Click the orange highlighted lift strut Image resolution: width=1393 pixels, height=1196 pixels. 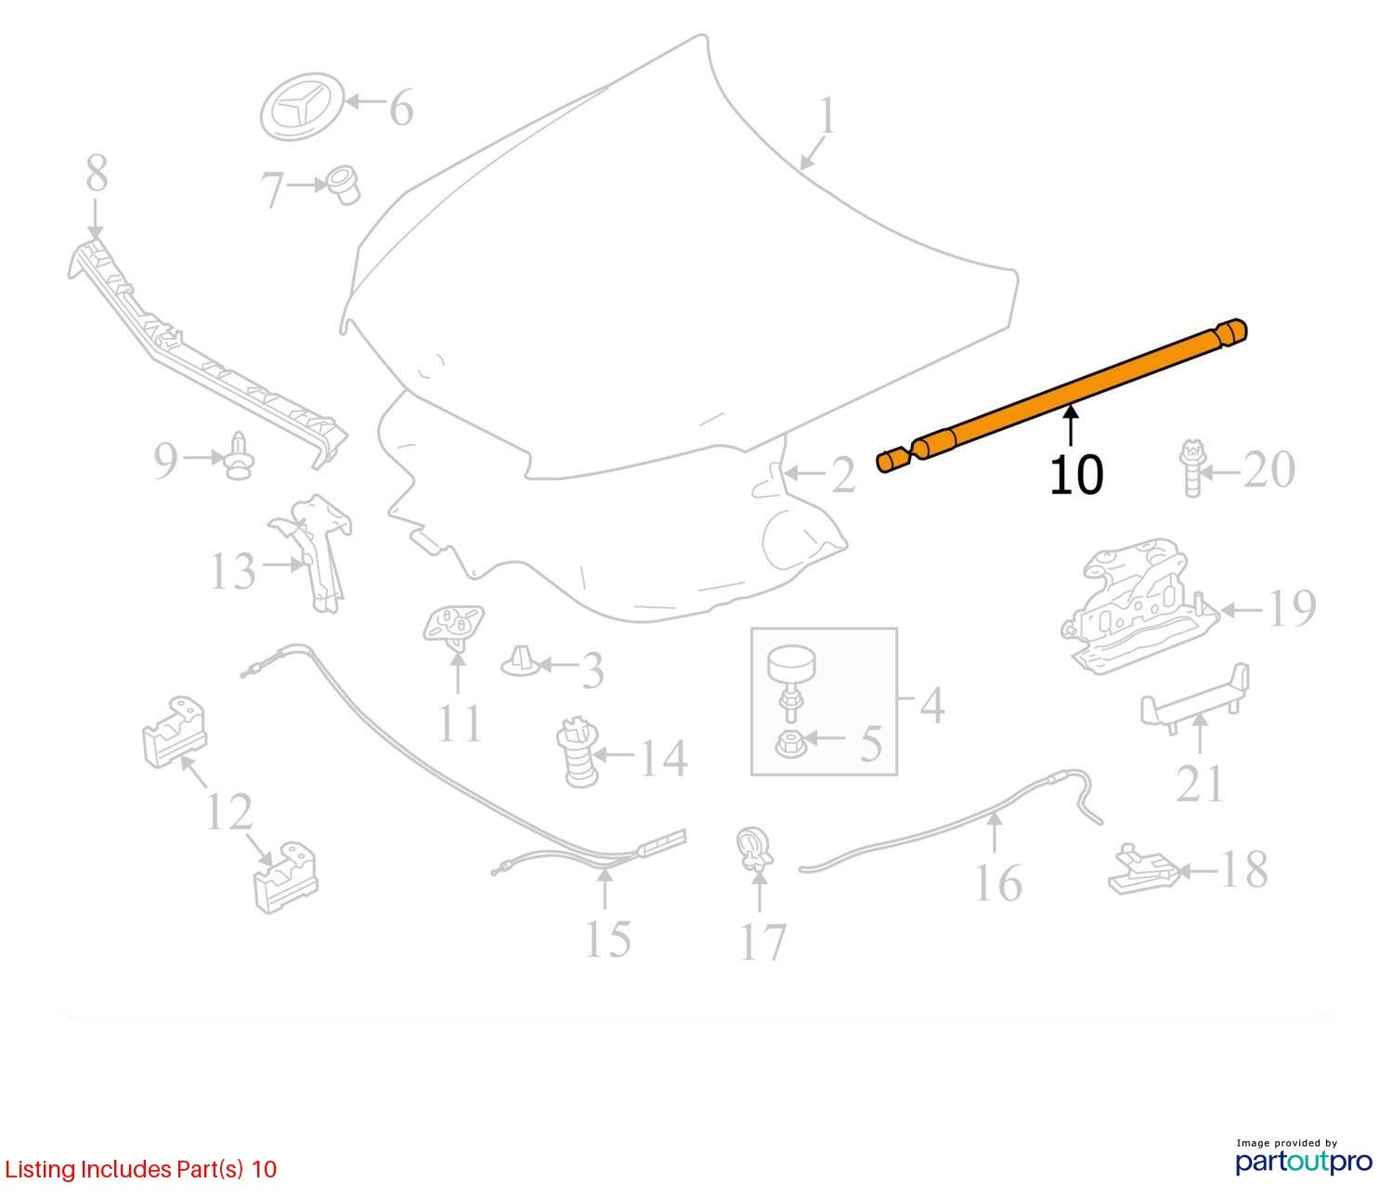point(1061,396)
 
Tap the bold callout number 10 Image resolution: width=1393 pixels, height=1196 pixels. point(1076,475)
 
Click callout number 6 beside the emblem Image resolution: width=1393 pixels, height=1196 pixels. point(401,108)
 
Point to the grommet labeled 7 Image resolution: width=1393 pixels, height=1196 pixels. point(344,184)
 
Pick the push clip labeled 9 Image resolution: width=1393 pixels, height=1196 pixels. point(239,457)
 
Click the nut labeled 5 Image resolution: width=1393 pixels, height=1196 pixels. point(789,743)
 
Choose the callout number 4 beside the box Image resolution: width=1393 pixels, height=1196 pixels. point(931,705)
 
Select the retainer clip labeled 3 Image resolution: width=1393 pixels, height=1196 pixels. point(520,663)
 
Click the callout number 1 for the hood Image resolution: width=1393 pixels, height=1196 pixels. point(827,116)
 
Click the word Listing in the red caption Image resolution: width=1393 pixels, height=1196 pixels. point(41,1170)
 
